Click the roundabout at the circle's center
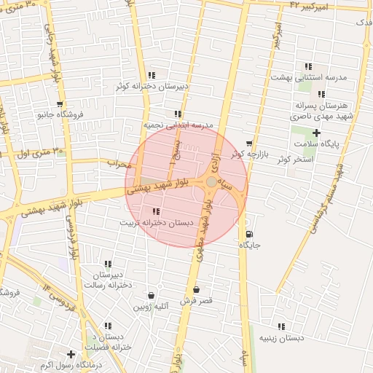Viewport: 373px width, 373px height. tap(211, 181)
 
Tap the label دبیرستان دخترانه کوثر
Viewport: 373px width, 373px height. tap(152, 87)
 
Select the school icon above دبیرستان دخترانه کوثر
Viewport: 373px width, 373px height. tap(151, 75)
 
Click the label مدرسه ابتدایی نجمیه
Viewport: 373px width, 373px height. tap(178, 125)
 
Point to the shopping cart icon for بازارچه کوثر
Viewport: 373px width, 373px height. tap(250, 144)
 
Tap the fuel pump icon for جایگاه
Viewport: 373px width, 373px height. tap(250, 234)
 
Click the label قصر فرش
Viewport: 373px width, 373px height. tap(196, 301)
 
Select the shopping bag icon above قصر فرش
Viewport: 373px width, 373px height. tap(196, 290)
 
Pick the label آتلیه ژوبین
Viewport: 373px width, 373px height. tap(151, 307)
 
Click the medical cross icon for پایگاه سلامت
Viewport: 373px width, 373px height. tap(316, 133)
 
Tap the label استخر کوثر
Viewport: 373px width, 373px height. tap(296, 158)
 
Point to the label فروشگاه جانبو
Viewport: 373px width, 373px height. tap(61, 114)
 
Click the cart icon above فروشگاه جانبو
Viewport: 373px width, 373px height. tap(60, 104)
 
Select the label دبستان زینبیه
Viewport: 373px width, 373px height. tap(281, 337)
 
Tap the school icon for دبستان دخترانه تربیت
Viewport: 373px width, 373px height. tap(157, 211)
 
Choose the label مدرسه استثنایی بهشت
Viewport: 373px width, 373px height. tap(309, 76)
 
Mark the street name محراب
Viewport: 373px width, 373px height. tap(118, 163)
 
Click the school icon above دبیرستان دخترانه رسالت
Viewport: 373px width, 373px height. tap(108, 264)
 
